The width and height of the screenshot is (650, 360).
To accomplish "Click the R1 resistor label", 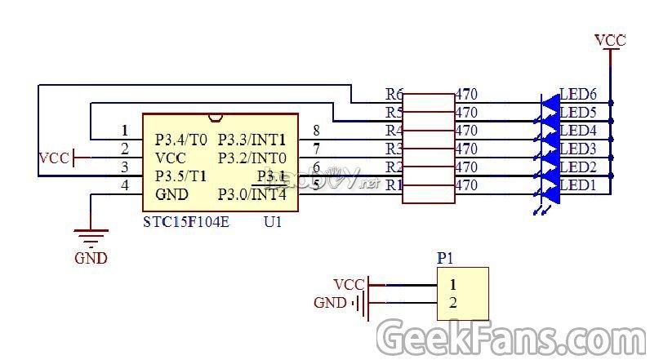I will pyautogui.click(x=394, y=185).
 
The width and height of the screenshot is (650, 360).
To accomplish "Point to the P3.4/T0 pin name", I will pyautogui.click(x=181, y=139).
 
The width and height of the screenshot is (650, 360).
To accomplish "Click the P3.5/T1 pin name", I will pyautogui.click(x=181, y=176).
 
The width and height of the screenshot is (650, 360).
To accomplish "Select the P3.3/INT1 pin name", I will pyautogui.click(x=252, y=139).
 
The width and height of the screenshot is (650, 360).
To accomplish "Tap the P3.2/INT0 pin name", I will pyautogui.click(x=252, y=157).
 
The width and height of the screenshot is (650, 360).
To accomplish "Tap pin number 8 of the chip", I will pyautogui.click(x=316, y=130).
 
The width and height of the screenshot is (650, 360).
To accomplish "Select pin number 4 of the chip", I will pyautogui.click(x=125, y=186).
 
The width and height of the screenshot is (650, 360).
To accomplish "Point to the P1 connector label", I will pyautogui.click(x=445, y=258).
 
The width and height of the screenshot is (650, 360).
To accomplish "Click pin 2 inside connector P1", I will pyautogui.click(x=452, y=303).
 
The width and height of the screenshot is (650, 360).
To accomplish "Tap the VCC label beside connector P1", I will pyautogui.click(x=349, y=284).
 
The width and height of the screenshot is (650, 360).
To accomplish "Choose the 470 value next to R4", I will pyautogui.click(x=466, y=131).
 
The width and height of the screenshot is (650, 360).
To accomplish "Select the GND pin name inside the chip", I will pyautogui.click(x=171, y=194).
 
